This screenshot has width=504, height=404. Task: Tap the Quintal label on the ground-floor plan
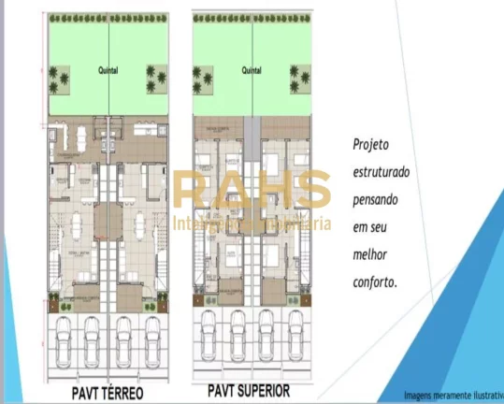click(x=108, y=69)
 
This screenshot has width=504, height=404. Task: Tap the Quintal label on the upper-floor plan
click(x=251, y=70)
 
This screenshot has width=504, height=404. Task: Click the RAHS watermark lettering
click(x=252, y=191)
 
